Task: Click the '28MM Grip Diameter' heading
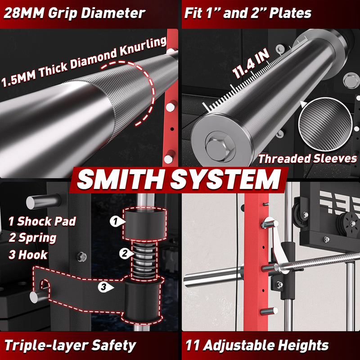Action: [74, 13]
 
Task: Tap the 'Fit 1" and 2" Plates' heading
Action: [248, 13]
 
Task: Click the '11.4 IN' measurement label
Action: [251, 63]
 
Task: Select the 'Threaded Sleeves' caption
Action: [308, 158]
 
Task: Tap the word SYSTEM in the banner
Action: [225, 180]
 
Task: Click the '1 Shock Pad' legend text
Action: [42, 221]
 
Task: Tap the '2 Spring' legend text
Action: [32, 238]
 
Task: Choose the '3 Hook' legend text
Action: [28, 255]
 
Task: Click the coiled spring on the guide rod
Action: [144, 260]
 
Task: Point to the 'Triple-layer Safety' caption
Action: [70, 345]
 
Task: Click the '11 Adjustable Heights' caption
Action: [256, 345]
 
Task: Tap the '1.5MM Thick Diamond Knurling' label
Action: [84, 62]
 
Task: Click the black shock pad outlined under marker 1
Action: [144, 224]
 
